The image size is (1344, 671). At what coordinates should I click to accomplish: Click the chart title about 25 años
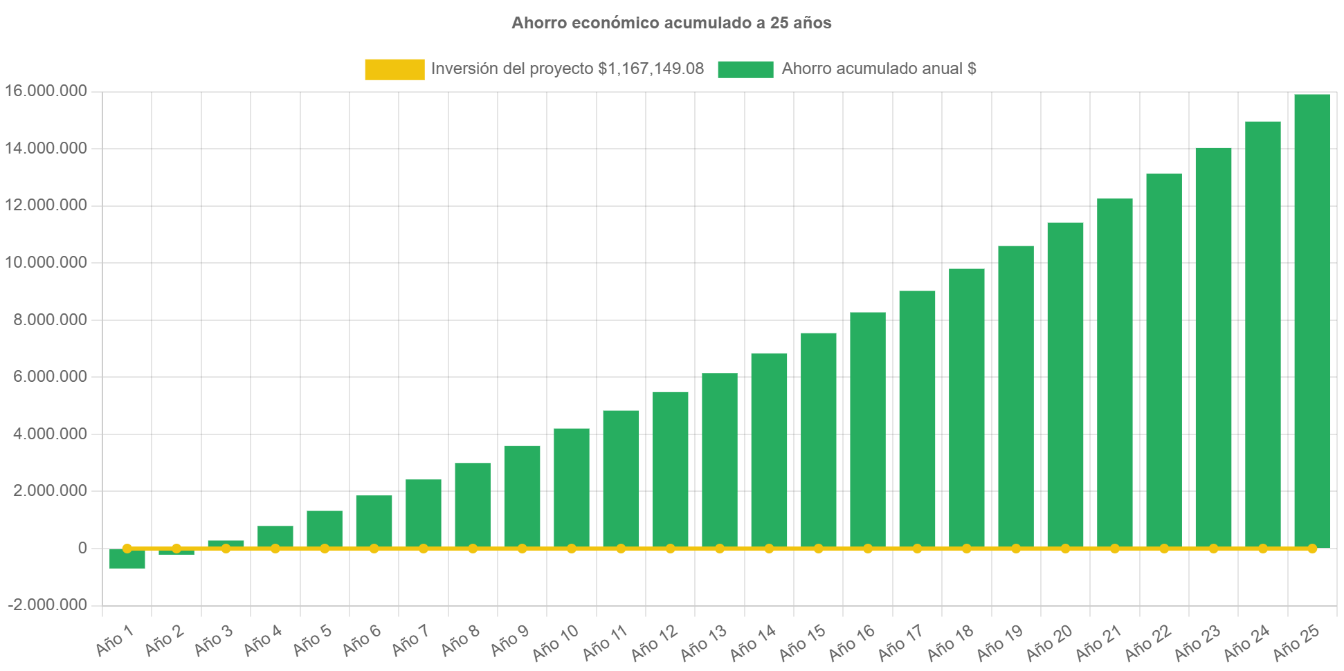click(671, 23)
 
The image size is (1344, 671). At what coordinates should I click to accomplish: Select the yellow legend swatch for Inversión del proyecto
click(394, 69)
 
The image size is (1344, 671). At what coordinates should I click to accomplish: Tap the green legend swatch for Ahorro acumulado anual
click(745, 69)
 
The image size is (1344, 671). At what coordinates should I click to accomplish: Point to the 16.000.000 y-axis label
click(46, 91)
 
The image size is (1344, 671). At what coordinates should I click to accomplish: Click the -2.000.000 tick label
click(48, 605)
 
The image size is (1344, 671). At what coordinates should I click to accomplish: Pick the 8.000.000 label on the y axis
click(46, 319)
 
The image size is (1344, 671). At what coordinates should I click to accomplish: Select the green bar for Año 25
click(1312, 318)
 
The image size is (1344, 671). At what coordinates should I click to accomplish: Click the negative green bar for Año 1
click(127, 559)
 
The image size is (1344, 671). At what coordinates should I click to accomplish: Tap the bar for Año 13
click(720, 460)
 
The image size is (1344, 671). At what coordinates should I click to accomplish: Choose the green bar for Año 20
click(1065, 384)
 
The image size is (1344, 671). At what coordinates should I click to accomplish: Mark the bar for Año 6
click(374, 520)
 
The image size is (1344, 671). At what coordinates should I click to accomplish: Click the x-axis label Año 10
click(555, 642)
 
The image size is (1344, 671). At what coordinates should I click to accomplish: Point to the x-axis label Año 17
click(900, 642)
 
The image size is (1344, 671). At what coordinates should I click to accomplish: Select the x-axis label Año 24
click(1246, 642)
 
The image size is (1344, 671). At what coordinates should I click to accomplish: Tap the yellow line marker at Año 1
click(127, 549)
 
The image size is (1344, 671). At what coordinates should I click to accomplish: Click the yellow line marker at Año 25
click(1312, 549)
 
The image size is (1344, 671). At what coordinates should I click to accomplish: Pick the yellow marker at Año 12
click(670, 549)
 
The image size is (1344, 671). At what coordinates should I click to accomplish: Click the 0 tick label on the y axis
click(82, 547)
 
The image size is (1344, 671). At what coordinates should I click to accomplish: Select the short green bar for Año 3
click(226, 543)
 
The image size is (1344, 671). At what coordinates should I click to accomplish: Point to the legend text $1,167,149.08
click(651, 69)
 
